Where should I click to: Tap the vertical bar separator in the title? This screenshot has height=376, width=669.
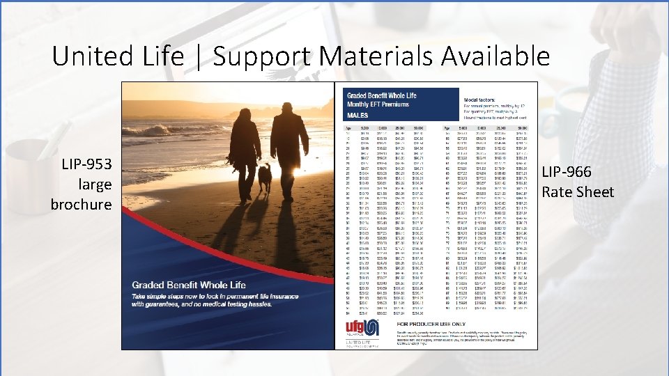tap(199, 57)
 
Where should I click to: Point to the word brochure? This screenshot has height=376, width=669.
tap(81, 204)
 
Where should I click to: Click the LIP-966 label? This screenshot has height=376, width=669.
tap(567, 172)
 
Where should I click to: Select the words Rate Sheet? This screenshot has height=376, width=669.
tap(578, 191)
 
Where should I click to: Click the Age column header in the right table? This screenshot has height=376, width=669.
tap(446, 128)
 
